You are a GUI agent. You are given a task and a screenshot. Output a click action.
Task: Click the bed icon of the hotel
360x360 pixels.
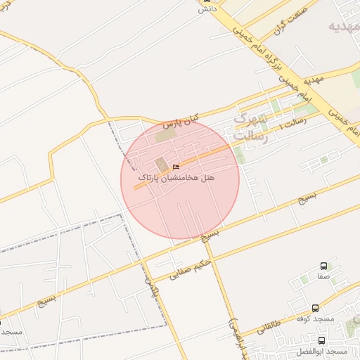tap(176, 167)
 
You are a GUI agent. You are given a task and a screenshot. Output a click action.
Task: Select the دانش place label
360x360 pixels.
tap(205, 9)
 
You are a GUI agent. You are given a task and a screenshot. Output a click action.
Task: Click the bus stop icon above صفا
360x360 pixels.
tap(323, 266)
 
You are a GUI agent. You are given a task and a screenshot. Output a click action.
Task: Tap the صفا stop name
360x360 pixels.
tap(323, 277)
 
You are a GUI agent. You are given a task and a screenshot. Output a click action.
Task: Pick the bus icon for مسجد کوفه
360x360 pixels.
tap(315, 308)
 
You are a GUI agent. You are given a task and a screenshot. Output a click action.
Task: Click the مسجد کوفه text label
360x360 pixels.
tap(314, 319)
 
